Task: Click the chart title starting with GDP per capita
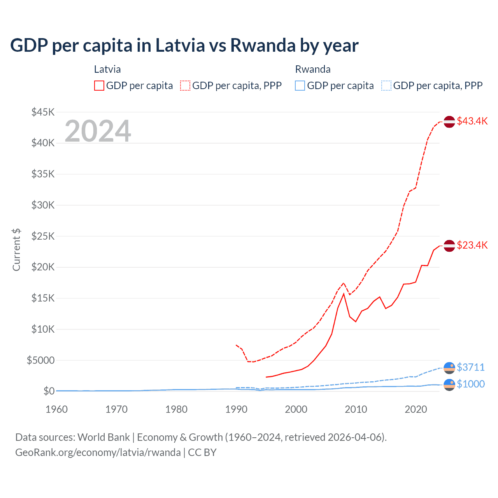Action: pos(184,46)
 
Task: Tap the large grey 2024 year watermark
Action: pos(98,131)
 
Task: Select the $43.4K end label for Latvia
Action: pos(472,121)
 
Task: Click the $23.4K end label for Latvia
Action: pos(472,245)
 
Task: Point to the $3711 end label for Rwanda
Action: pos(470,367)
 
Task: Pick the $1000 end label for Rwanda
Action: pos(470,384)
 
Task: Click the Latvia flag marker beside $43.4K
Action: pos(449,122)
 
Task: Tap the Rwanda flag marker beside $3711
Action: pos(449,368)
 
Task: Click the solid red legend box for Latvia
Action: pos(99,86)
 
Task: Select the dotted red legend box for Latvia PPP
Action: pos(185,86)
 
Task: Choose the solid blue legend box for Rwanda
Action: pos(300,86)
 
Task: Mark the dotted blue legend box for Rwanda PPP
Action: pos(386,86)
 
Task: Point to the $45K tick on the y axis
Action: pos(43,112)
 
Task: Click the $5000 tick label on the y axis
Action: pos(40,360)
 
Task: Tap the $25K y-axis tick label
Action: pos(43,236)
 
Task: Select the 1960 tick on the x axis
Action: pos(56,409)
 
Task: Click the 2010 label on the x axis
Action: pos(356,409)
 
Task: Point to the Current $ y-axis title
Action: pos(16,250)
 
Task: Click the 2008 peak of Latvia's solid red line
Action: pos(344,294)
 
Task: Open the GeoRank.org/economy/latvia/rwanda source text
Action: pos(98,452)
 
